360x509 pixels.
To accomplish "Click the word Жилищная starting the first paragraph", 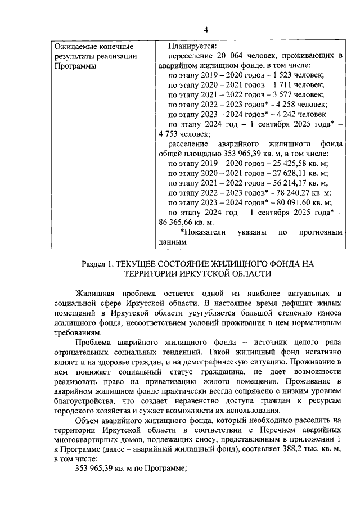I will (96, 294).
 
